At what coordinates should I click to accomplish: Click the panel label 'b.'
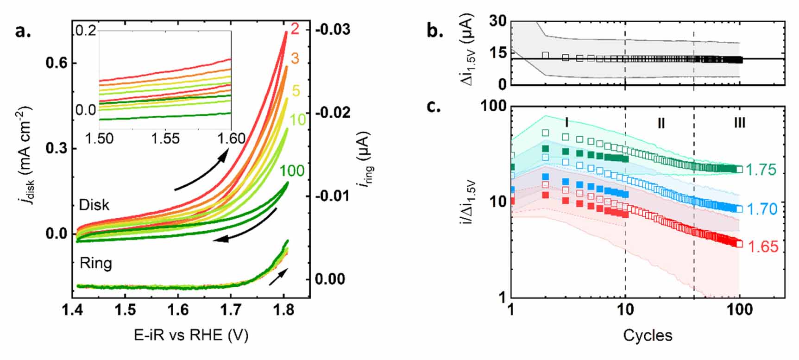(x=434, y=31)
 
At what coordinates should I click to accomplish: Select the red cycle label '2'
(x=295, y=29)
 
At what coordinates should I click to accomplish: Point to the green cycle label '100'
(x=292, y=171)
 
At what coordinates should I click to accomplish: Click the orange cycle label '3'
(x=295, y=58)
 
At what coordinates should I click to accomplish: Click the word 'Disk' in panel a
(x=94, y=205)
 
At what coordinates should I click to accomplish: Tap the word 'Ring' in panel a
(x=95, y=263)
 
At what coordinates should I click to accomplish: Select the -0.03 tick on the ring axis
(x=333, y=30)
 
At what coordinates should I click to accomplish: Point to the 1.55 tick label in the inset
(x=165, y=138)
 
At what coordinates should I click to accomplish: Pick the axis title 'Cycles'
(x=648, y=335)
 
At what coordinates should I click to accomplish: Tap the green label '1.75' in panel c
(x=761, y=170)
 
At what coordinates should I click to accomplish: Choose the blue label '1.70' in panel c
(x=761, y=209)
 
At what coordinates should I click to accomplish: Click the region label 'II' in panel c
(x=661, y=123)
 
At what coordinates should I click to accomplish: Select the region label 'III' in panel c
(x=740, y=123)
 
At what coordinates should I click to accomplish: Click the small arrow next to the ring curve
(x=278, y=276)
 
